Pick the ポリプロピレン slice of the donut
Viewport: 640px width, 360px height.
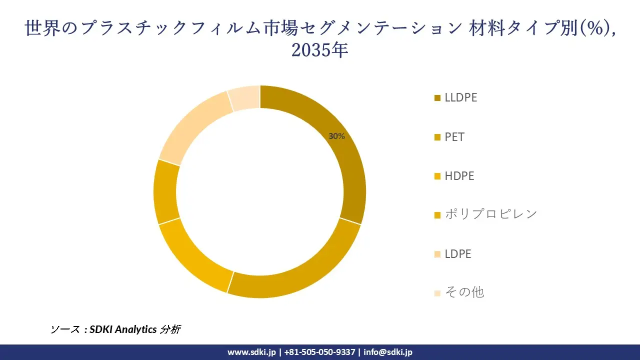point(165,192)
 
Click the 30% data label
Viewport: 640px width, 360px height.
point(336,136)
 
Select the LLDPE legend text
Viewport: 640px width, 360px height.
point(461,98)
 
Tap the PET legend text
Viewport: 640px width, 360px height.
point(454,137)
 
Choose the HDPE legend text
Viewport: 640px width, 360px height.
point(459,176)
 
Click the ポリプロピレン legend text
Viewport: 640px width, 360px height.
point(491,214)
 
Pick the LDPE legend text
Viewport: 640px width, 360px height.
point(458,254)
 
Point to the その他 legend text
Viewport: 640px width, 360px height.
point(464,292)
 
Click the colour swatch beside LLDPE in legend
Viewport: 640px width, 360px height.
point(437,98)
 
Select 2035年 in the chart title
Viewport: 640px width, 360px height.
point(319,50)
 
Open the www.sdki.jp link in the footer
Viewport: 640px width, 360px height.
point(251,352)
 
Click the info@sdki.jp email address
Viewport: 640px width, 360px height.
point(388,352)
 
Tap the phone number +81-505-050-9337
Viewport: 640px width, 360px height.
point(320,352)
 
